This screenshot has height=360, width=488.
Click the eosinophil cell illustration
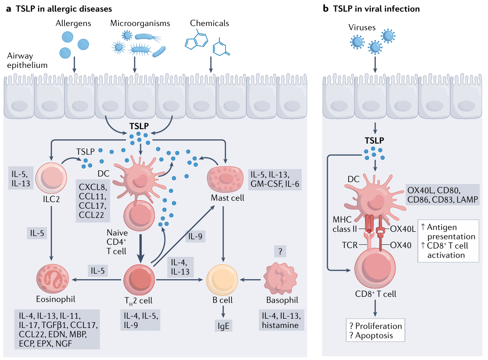coord(52,279)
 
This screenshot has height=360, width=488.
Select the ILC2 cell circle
coord(51,178)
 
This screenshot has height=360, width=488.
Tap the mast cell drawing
coord(225,179)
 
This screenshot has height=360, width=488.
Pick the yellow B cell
coord(222,280)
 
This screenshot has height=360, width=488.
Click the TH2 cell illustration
coord(139,280)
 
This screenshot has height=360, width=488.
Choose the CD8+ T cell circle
coord(375,268)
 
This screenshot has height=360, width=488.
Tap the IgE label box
coord(224,326)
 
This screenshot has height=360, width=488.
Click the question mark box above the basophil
coord(280,251)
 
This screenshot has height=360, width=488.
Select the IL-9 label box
coord(195,236)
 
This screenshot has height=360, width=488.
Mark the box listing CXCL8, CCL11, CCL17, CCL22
coord(93,201)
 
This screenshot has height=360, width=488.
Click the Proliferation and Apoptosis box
coord(376,330)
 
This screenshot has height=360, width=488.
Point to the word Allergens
coord(73,23)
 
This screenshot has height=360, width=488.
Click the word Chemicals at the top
coord(210,23)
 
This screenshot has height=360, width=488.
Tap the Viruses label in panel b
coord(362,27)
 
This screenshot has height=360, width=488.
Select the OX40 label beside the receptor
coord(401,245)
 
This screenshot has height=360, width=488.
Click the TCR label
coord(350,245)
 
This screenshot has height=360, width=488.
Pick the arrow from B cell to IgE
coord(223,312)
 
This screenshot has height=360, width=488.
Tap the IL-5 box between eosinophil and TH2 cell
coord(98,271)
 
